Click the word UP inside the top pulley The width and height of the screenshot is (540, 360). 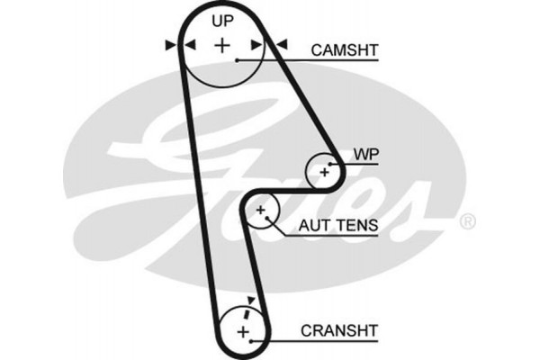(x=221, y=19)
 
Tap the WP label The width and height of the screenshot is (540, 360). (x=363, y=155)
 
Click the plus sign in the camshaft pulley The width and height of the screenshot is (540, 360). (x=222, y=44)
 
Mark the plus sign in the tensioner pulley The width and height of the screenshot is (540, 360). (x=262, y=212)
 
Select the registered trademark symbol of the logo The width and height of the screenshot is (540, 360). (x=467, y=220)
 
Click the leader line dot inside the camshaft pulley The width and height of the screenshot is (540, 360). (x=237, y=60)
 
